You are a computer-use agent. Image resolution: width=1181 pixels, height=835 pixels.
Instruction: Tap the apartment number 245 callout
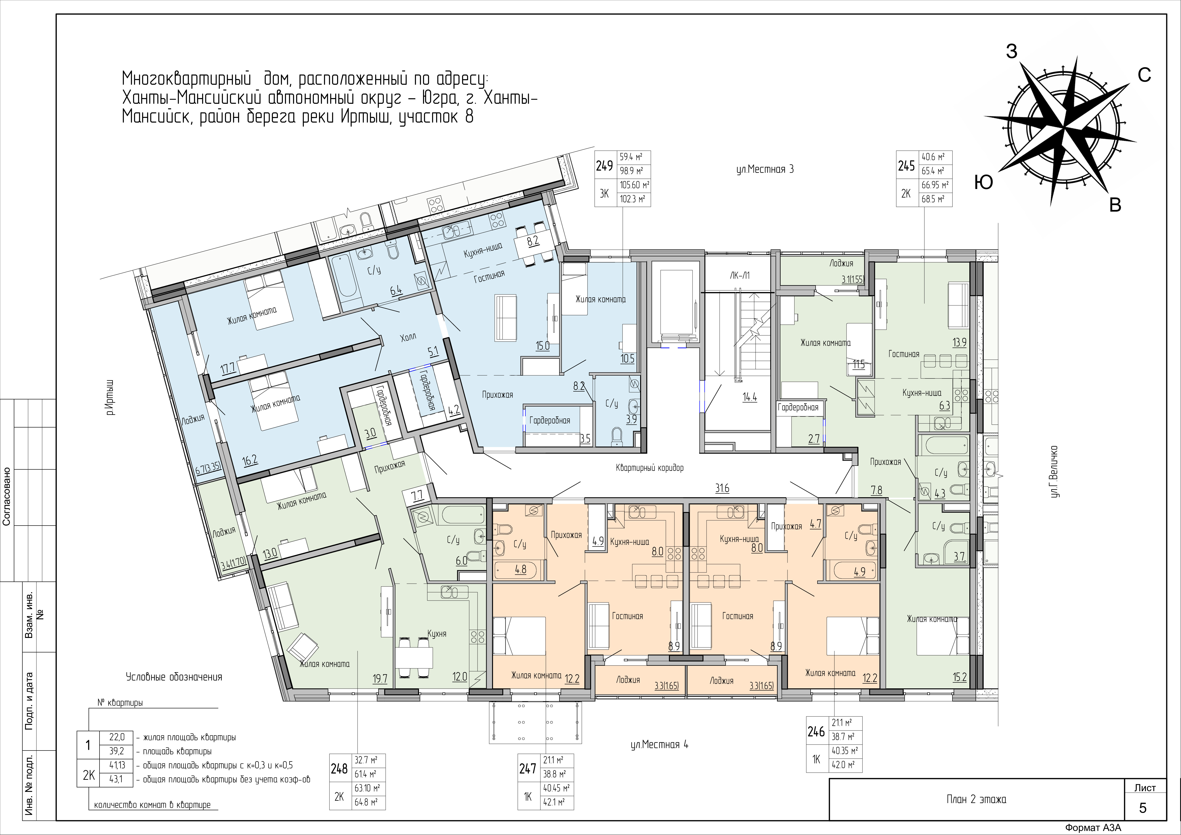click(x=906, y=166)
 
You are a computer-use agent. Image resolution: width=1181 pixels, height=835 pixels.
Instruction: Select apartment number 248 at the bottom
click(x=339, y=769)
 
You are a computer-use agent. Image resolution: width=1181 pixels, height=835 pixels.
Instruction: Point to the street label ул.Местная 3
click(x=765, y=169)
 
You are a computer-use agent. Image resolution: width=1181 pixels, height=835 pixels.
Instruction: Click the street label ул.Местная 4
click(x=659, y=745)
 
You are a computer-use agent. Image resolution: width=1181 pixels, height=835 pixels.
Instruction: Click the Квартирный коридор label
click(x=650, y=468)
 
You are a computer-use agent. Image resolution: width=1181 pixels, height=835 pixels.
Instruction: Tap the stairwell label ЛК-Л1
click(x=740, y=276)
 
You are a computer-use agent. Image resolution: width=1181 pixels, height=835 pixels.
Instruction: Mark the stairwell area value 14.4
click(x=749, y=398)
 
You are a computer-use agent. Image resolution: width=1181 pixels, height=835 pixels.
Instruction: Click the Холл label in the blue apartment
click(x=408, y=337)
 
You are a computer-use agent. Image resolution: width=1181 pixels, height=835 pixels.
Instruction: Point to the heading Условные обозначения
click(x=174, y=677)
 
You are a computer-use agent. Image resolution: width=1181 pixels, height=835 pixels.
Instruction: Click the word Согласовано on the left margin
click(x=7, y=496)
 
